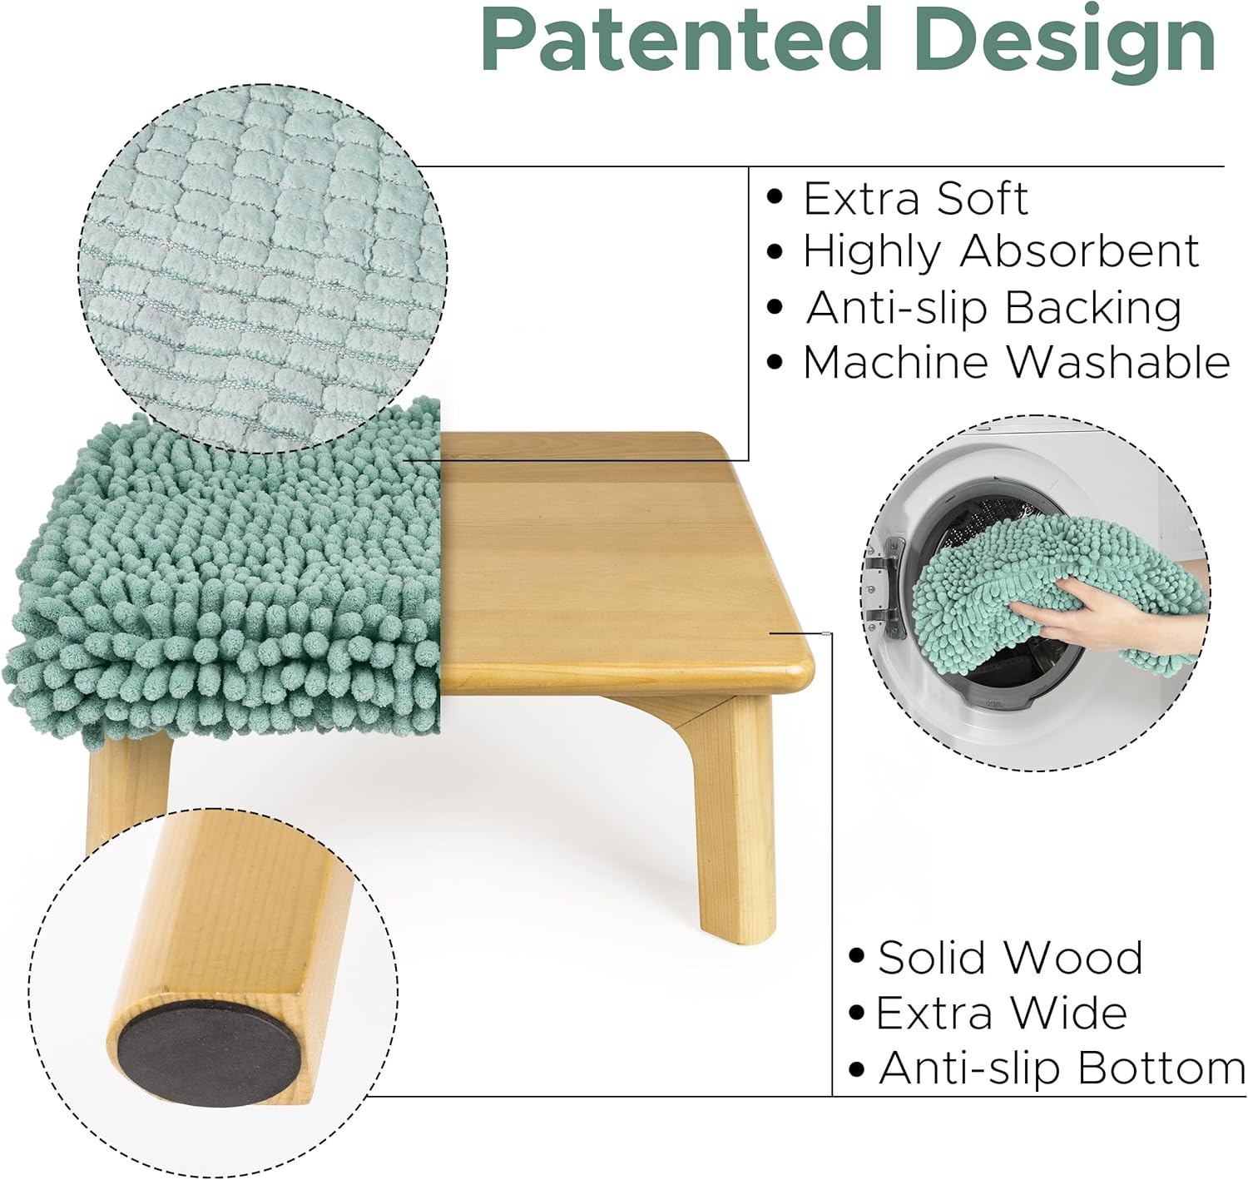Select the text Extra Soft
point(915,199)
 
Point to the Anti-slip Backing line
point(993,308)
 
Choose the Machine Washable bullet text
point(1016,363)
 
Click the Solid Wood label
point(1010,958)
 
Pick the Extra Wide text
point(1002,1013)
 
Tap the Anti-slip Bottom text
point(1062,1068)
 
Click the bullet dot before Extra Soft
point(775,198)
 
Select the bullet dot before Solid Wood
point(856,956)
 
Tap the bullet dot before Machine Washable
point(775,362)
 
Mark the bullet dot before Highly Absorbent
point(775,251)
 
